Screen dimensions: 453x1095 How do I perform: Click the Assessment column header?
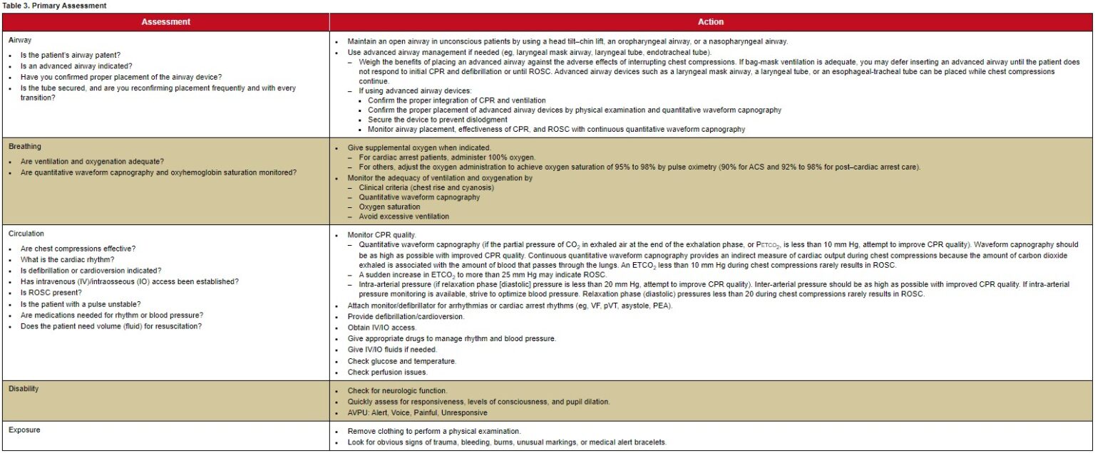click(165, 22)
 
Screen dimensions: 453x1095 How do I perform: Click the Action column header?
click(711, 22)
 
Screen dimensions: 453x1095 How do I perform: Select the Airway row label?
click(20, 41)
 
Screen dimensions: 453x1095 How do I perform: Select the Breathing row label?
click(24, 147)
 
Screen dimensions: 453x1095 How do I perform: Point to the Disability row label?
click(24, 389)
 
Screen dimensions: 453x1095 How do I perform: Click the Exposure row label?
click(25, 430)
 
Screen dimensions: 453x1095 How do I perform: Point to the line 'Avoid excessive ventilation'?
click(403, 217)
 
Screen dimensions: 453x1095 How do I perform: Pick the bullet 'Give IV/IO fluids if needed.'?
click(392, 350)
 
